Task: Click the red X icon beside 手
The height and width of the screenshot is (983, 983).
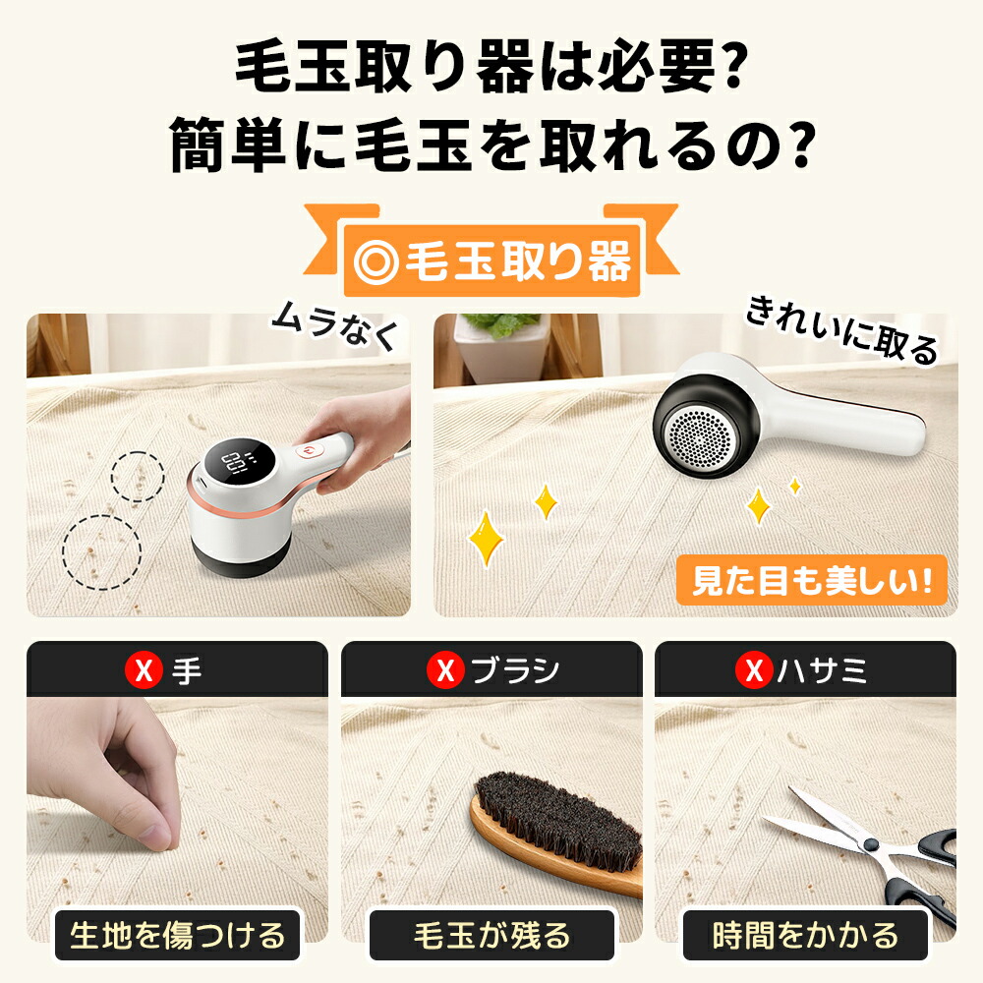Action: coord(145,672)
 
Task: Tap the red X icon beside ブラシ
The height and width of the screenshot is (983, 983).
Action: coord(445,672)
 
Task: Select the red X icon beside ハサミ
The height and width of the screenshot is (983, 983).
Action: coord(753,672)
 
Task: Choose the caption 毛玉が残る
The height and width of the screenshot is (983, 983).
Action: coord(491,935)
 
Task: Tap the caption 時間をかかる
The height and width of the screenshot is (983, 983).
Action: coord(805,935)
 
